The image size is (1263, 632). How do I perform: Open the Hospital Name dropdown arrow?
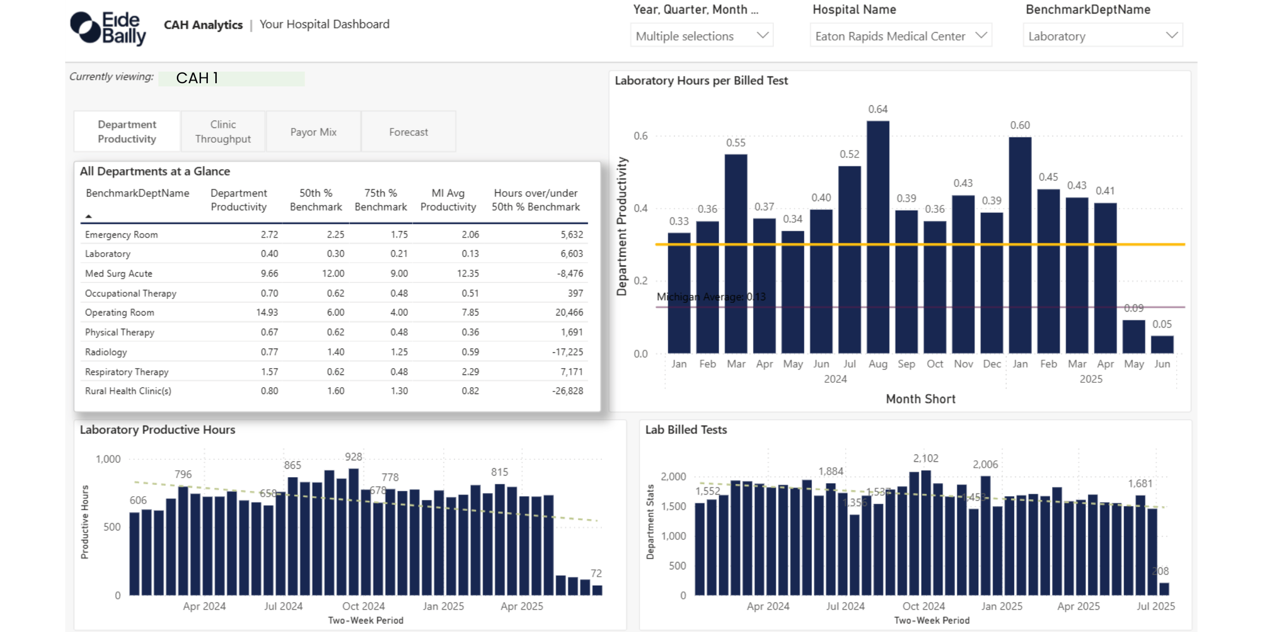[x=980, y=35]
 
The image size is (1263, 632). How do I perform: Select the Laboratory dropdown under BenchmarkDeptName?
[x=1102, y=36]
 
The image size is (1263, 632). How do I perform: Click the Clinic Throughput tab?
[x=223, y=132]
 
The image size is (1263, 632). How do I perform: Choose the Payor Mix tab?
[x=313, y=132]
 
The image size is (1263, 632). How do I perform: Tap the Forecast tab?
[x=408, y=132]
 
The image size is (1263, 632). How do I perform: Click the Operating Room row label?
[x=119, y=312]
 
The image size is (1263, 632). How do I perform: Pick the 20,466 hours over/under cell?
[x=569, y=312]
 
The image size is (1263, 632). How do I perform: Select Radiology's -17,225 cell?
[x=567, y=352]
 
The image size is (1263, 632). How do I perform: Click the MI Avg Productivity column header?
[x=448, y=200]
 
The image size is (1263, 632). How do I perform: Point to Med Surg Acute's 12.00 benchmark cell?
[x=333, y=273]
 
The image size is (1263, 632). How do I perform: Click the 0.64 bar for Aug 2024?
[x=878, y=237]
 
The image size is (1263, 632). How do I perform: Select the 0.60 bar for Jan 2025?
[x=1020, y=245]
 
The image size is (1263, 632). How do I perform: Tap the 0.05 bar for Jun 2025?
[x=1162, y=344]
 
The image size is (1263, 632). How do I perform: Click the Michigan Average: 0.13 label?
[x=711, y=297]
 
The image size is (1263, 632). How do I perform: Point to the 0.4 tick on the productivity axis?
[x=640, y=209]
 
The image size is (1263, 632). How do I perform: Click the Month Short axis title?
[x=920, y=399]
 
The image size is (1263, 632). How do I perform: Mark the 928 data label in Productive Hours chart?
[x=354, y=457]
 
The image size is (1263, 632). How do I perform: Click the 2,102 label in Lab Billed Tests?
[x=926, y=458]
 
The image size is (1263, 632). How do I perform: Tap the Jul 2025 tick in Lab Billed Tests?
[x=1156, y=606]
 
